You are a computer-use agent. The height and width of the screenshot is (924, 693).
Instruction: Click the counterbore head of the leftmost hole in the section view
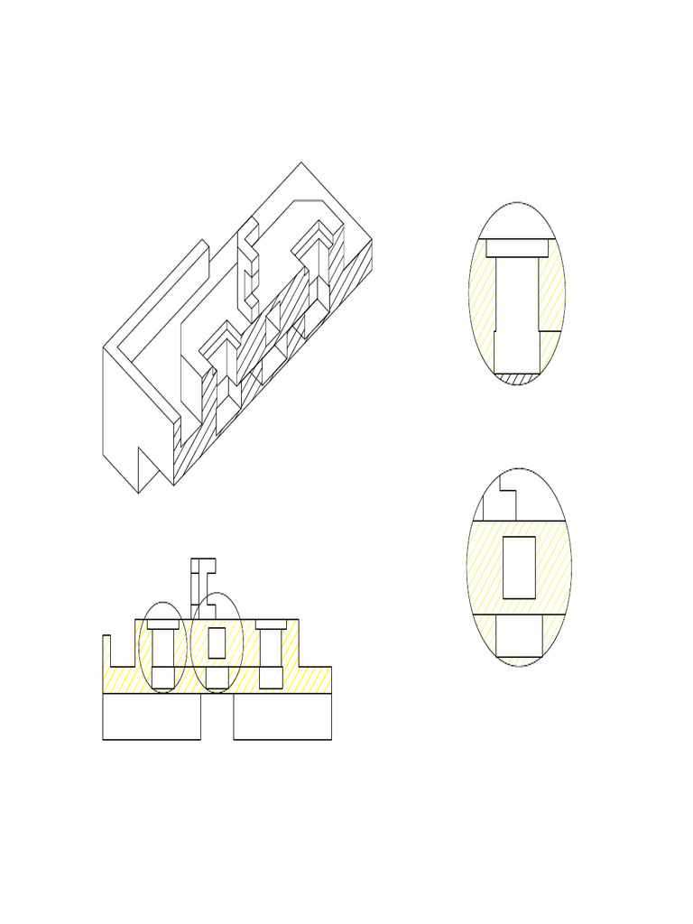pos(163,624)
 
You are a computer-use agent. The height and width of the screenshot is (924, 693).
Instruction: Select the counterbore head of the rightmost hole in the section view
pos(272,624)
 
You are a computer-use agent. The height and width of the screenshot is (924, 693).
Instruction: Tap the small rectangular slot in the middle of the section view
pos(217,642)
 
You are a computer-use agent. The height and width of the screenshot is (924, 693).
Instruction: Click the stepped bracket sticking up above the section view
pos(200,582)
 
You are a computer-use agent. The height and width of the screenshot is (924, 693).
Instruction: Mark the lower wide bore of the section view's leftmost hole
pos(163,677)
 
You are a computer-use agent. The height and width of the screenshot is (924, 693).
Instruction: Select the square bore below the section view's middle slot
pos(217,677)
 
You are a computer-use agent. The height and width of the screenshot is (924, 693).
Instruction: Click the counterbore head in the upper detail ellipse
pos(518,247)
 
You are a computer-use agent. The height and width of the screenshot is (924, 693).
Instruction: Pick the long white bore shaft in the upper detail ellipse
pos(518,307)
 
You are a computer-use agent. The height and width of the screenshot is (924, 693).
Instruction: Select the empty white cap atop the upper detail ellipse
pos(518,222)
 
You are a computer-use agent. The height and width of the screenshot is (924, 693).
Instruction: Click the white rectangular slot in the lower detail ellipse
pos(519,567)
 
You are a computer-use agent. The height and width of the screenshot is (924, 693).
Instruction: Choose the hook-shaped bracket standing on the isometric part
pos(247,266)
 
